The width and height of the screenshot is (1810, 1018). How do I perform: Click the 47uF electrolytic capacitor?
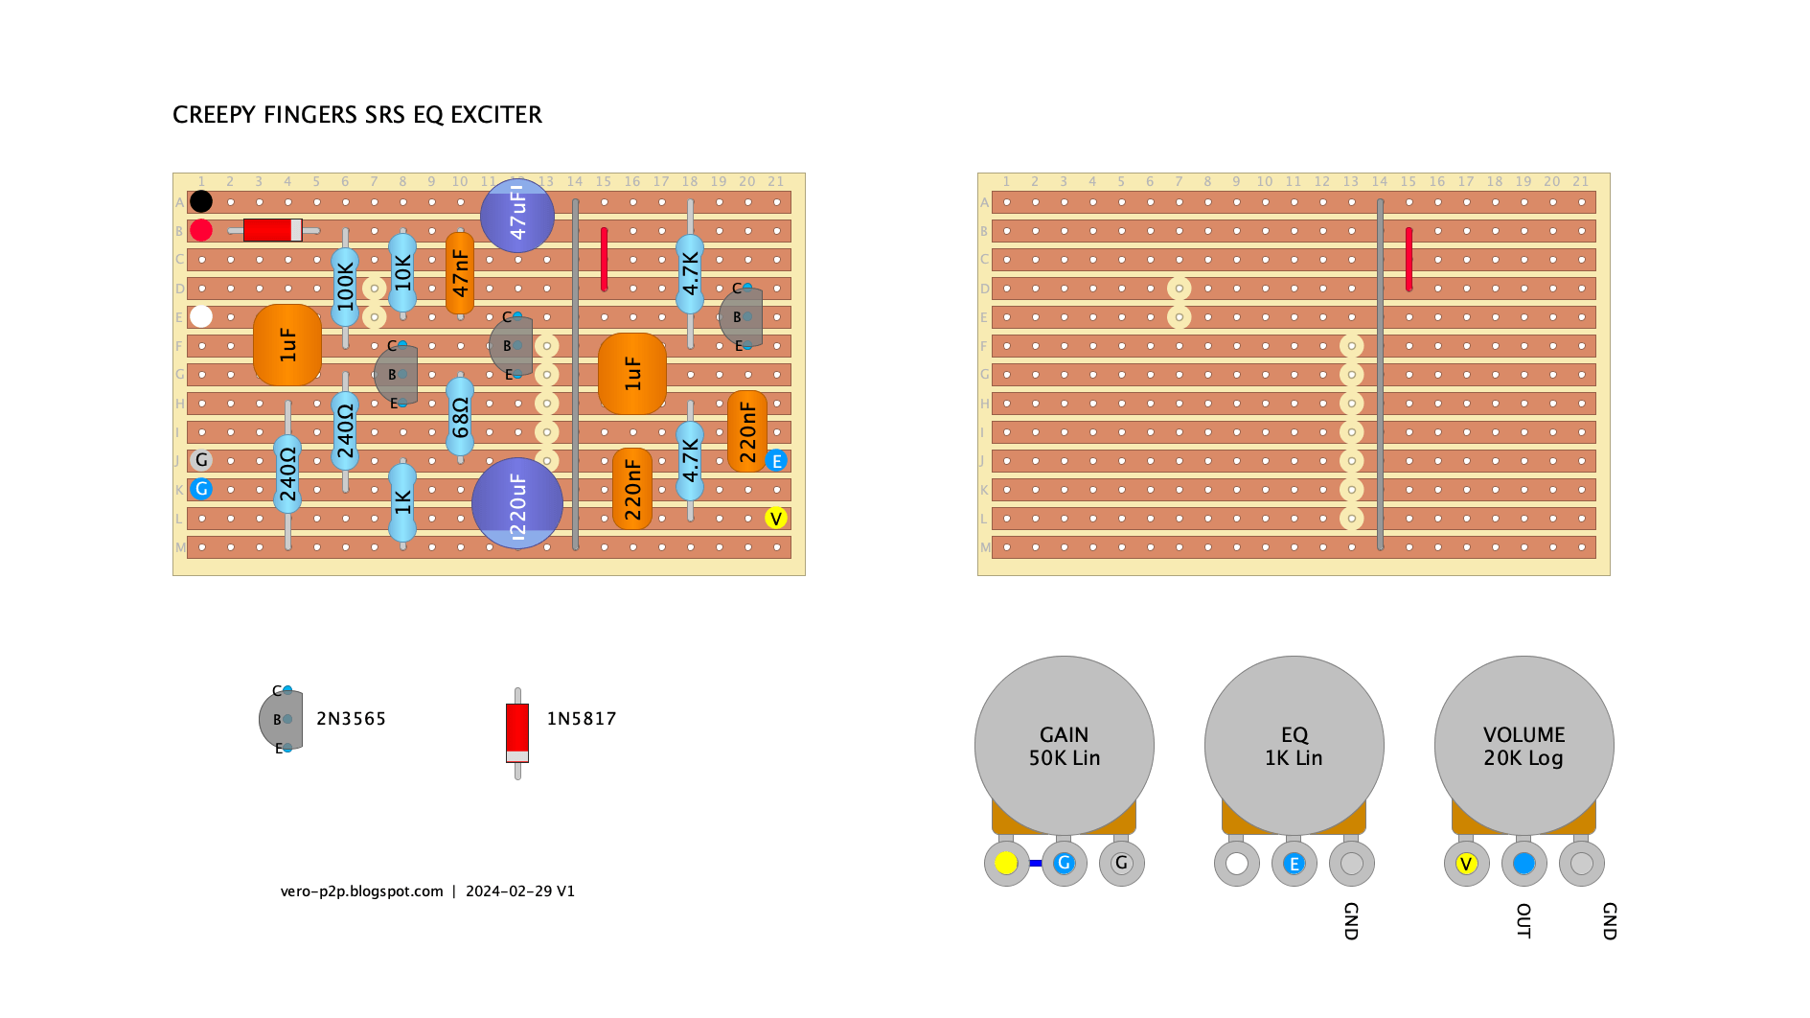pos(517,216)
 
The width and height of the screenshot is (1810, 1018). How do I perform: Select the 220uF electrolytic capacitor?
pos(517,503)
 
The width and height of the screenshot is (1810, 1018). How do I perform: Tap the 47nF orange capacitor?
pos(460,273)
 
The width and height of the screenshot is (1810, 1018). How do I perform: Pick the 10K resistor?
pos(402,273)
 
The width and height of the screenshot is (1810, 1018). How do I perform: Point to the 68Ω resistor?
pos(460,417)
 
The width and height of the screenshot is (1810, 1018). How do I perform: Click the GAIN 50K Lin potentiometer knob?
pos(1065,746)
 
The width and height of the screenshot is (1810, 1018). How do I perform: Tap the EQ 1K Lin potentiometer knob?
pos(1294,746)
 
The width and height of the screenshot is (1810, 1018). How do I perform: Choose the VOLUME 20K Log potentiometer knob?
pos(1524,746)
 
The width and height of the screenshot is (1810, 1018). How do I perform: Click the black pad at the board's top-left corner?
pos(201,201)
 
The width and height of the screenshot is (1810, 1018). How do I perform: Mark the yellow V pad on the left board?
pos(776,519)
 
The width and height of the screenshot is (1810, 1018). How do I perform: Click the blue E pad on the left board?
pos(776,461)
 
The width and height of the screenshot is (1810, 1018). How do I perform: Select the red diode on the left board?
pos(273,230)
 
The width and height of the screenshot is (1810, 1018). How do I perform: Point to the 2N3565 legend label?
pos(351,719)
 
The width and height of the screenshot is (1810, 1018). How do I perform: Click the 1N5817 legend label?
pos(582,719)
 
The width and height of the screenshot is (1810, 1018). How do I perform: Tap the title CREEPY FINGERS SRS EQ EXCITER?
pos(357,115)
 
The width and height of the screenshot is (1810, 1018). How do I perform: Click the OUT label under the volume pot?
pos(1524,920)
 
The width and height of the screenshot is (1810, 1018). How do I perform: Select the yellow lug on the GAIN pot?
pos(1006,863)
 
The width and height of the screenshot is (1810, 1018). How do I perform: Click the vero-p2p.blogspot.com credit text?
pos(362,891)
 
